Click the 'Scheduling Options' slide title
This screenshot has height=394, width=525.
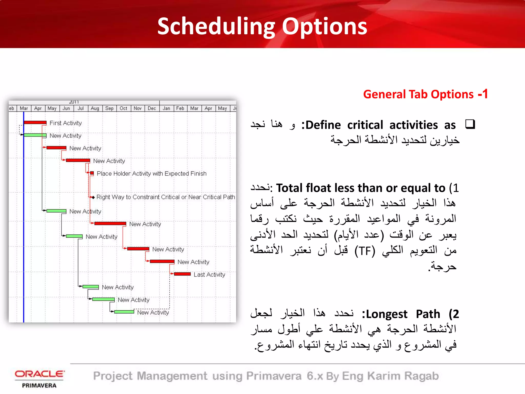coord(262,26)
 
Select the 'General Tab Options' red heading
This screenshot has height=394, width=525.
coord(418,94)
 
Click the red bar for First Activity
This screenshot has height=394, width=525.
coord(35,123)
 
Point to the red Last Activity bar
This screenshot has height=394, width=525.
coord(182,274)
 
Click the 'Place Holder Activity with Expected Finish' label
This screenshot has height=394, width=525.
coord(152,174)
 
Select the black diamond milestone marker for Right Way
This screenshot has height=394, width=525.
coord(93,197)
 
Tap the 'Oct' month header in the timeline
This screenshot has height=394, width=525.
coord(123,108)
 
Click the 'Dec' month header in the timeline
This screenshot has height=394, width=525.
coord(152,108)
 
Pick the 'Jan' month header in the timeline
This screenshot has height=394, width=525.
coord(166,108)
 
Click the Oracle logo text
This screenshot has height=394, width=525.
coord(39,374)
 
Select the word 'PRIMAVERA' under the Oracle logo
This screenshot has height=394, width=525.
coord(39,386)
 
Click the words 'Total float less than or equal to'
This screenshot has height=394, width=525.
coord(360,188)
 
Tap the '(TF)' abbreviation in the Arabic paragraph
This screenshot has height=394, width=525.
coord(365,251)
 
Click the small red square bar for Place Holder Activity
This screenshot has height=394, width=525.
coord(92,173)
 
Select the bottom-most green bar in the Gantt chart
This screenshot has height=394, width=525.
coord(124,312)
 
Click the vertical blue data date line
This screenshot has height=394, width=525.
coord(24,231)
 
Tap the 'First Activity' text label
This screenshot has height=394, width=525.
coord(66,123)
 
